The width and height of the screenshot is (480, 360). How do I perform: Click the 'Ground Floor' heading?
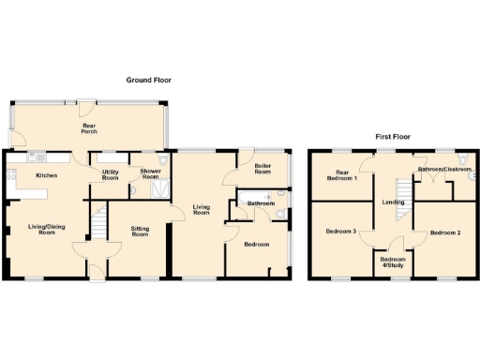pos(149,81)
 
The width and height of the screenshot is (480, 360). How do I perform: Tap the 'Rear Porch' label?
pos(91,129)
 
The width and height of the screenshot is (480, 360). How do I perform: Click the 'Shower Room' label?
pos(150,174)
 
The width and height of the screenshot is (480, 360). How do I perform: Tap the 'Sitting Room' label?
pos(139,231)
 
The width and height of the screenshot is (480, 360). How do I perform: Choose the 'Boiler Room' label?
pos(262,169)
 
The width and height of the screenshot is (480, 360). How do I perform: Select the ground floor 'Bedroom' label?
pos(256,244)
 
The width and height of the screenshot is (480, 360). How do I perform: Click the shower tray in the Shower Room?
pos(160,190)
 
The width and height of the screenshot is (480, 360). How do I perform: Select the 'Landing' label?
pos(392,202)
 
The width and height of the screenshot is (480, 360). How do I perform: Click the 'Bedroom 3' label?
pos(340,231)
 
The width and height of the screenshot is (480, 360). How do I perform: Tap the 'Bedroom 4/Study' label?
pos(394,262)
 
